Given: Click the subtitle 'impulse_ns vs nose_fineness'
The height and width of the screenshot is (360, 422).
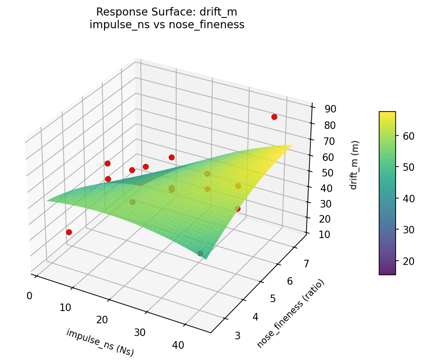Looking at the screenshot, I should (167, 25).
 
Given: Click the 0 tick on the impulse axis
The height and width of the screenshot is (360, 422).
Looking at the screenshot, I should (30, 296).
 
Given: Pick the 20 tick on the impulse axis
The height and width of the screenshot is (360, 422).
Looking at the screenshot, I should (102, 320).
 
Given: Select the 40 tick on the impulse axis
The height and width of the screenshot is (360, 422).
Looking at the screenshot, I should (178, 345).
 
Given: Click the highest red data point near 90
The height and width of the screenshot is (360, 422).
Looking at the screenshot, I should (274, 117).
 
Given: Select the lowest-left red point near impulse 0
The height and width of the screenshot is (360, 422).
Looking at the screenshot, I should (69, 232).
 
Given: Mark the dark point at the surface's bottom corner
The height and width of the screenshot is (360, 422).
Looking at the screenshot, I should (201, 254).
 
